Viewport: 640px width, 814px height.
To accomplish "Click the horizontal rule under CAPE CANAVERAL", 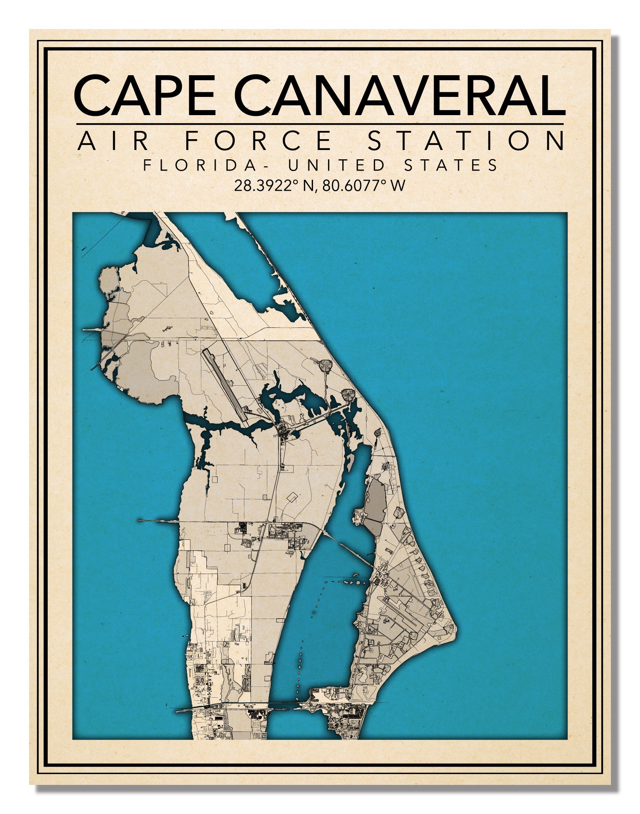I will [320, 124].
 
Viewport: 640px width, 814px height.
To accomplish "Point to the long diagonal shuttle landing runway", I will [225, 384].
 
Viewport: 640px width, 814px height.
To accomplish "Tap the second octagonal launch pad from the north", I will [348, 395].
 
